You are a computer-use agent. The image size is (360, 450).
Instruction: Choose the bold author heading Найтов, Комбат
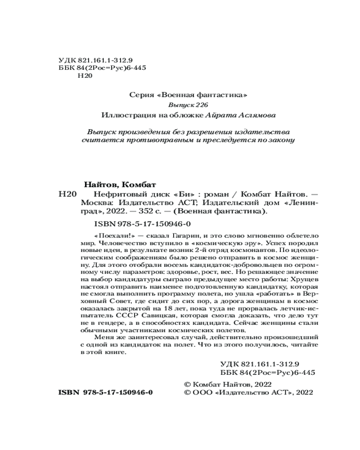120,185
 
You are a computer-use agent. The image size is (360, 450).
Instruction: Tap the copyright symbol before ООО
188,392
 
